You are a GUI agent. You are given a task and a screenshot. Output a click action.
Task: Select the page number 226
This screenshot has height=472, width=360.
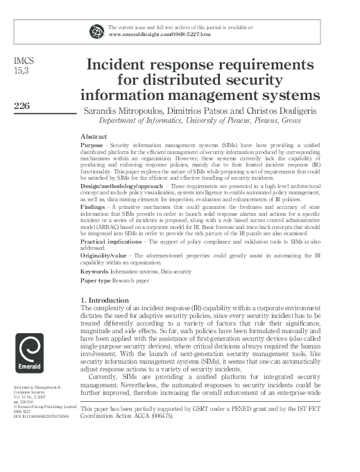(x=24, y=106)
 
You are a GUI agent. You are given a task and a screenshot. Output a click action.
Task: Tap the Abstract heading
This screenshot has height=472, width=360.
(x=94, y=137)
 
